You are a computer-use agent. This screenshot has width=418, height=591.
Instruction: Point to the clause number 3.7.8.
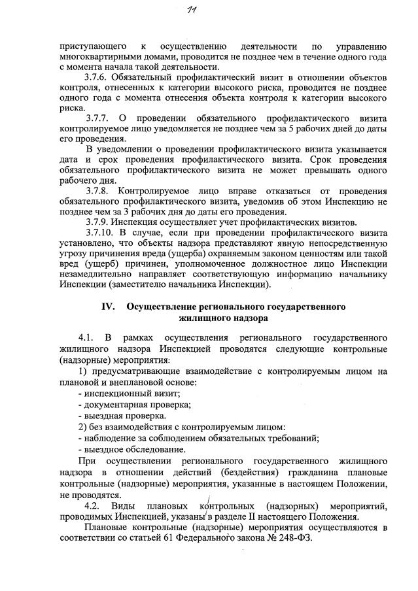click(100, 190)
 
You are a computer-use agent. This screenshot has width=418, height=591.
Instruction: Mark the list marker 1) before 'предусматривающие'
click(82, 371)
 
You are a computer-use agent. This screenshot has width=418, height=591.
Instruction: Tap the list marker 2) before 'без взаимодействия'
click(82, 427)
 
